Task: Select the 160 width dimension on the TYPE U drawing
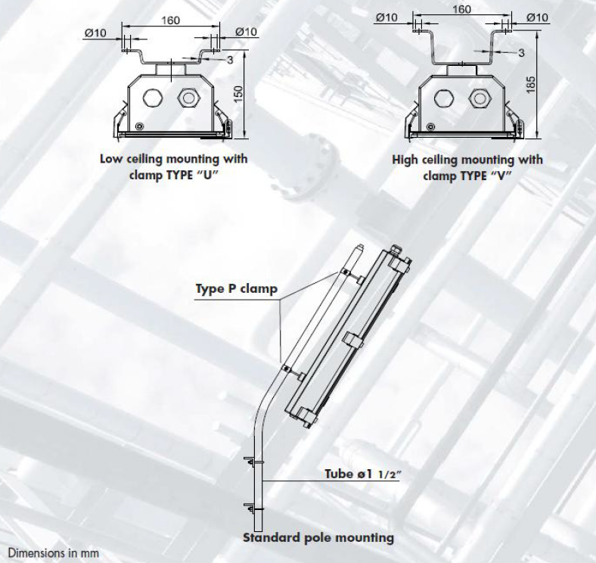point(172,20)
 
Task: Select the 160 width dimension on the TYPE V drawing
point(461,9)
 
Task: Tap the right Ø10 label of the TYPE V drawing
point(537,17)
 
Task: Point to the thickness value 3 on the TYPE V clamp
point(522,52)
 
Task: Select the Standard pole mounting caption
point(318,538)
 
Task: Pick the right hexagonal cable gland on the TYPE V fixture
point(477,97)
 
